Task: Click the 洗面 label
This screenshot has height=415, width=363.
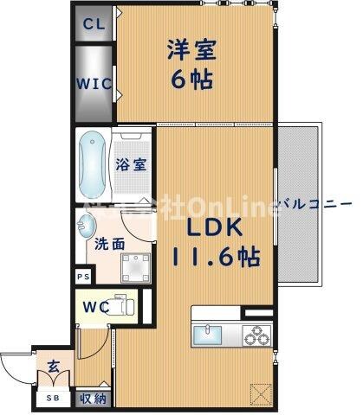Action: point(108,245)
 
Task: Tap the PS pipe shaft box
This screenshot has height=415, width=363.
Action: point(83,277)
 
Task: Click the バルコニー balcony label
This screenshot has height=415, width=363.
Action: point(316,203)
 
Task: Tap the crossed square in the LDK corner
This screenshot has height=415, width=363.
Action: point(258,393)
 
